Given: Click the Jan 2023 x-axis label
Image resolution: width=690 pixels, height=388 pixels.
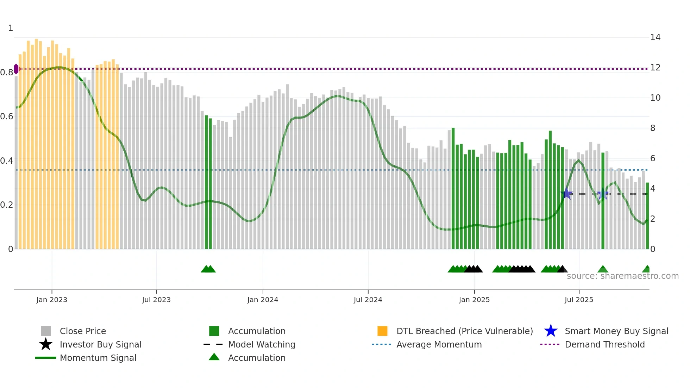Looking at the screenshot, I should click(51, 300).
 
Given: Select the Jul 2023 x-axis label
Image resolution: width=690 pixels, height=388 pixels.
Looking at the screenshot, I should click(156, 300).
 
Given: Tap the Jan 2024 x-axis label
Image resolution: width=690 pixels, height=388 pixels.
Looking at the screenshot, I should click(263, 300).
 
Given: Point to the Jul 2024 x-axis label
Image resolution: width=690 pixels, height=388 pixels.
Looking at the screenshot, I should click(368, 300).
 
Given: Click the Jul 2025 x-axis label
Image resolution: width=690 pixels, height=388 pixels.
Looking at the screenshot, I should click(579, 300).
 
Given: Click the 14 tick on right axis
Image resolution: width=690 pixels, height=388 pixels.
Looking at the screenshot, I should click(655, 37).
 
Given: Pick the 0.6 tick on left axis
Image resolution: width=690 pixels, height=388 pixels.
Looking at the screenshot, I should click(6, 117).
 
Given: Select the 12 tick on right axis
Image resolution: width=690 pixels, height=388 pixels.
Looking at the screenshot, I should click(655, 68).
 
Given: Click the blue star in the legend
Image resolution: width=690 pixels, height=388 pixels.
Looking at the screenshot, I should click(551, 331).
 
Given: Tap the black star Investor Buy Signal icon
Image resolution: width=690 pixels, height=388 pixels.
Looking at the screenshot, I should click(46, 344).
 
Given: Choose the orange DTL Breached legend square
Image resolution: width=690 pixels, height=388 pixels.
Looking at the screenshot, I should click(382, 331).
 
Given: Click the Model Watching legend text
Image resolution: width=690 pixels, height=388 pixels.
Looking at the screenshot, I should click(262, 344).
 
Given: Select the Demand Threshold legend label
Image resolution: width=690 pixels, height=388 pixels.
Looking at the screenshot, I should click(604, 344).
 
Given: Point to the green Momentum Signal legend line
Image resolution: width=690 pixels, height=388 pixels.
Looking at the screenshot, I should click(46, 358).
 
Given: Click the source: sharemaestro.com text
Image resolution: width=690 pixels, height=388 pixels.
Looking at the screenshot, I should click(622, 276).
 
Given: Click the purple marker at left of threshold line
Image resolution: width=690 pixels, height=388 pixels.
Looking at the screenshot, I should click(16, 69).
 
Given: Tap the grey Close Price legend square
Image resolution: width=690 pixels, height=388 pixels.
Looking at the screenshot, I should click(46, 331).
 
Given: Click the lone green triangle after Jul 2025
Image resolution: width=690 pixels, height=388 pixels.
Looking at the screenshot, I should click(603, 269).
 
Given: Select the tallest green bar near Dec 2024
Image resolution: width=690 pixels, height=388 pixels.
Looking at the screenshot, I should click(453, 188).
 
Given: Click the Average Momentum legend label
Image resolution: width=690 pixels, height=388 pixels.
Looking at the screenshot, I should click(439, 344).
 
